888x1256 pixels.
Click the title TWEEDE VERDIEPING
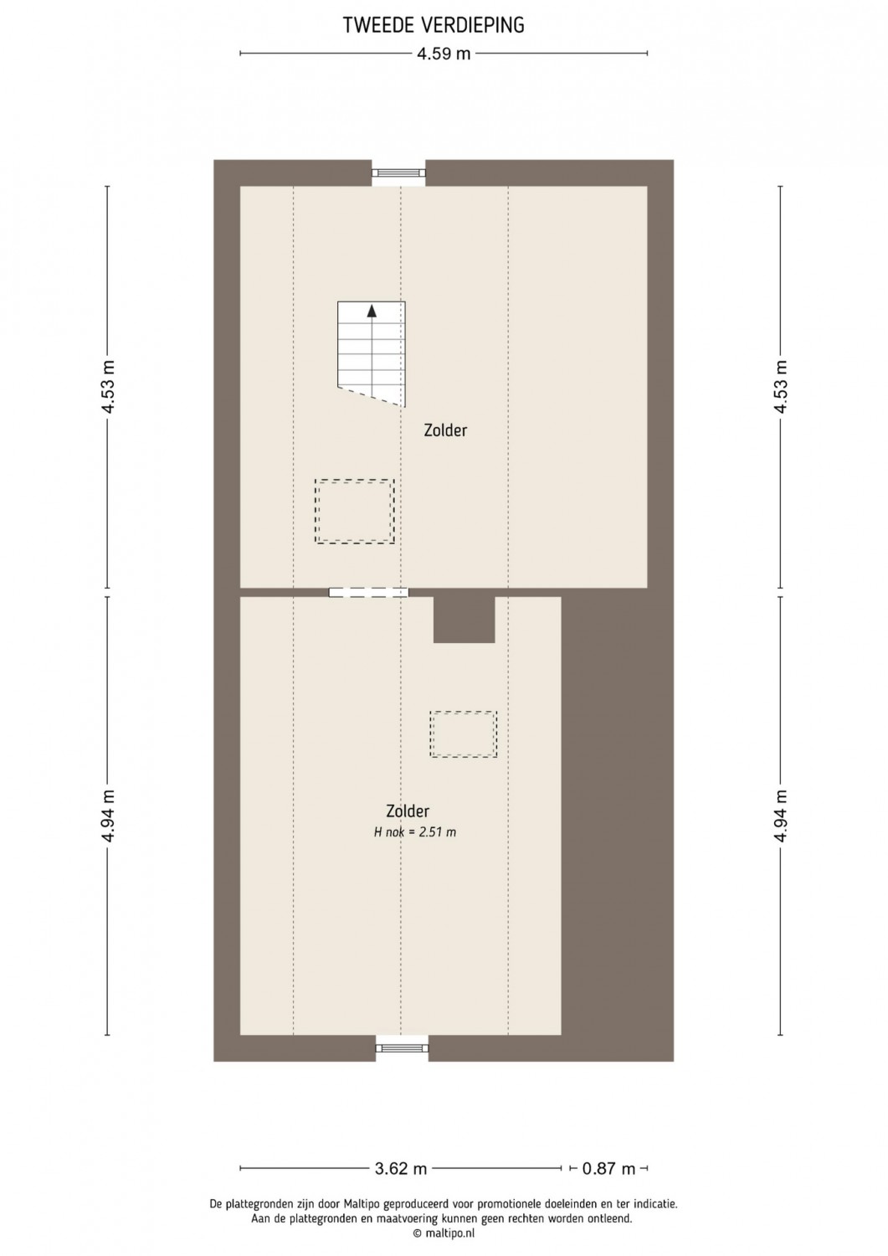[x=434, y=25]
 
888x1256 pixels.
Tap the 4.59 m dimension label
[x=444, y=54]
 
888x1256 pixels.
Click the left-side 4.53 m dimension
[x=108, y=387]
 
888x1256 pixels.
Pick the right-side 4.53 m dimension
[x=780, y=387]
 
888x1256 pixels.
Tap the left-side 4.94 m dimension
[x=108, y=816]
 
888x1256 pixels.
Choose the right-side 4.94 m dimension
[x=780, y=816]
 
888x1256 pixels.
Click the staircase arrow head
[x=372, y=311]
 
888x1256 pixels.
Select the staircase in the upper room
[x=371, y=354]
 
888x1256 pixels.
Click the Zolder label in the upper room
[x=445, y=430]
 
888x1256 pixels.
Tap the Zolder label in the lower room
[x=408, y=811]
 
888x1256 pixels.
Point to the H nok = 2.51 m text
[x=415, y=832]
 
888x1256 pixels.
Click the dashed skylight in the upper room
[x=354, y=512]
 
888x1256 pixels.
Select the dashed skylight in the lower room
[x=464, y=734]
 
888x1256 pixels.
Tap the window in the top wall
[x=398, y=172]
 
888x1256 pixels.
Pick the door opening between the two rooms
[x=368, y=592]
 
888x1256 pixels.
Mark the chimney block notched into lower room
[x=465, y=620]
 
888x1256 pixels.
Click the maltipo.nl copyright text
[x=444, y=1233]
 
